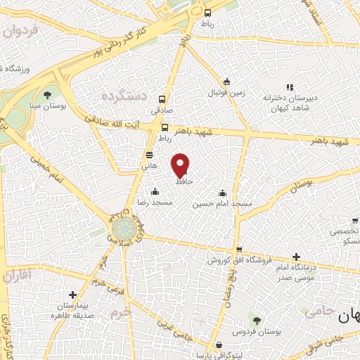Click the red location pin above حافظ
click(181, 165)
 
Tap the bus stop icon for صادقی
click(163, 99)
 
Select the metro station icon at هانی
click(149, 155)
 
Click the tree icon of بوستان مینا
click(48, 94)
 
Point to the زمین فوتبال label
click(224, 92)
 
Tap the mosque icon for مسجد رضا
click(155, 191)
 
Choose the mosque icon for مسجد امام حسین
click(223, 193)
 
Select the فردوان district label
click(18, 31)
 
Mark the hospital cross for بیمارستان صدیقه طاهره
click(72, 295)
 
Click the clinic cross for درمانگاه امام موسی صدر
click(296, 257)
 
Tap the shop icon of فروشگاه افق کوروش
click(240, 249)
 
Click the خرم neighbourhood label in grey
click(122, 310)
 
